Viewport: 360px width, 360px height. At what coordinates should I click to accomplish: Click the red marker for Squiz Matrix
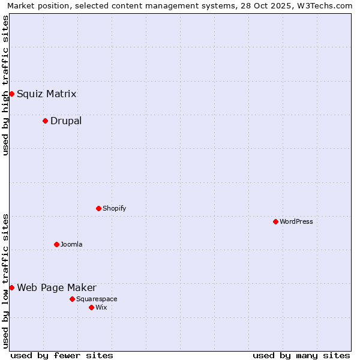(11, 94)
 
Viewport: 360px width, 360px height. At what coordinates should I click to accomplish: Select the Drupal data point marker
(45, 121)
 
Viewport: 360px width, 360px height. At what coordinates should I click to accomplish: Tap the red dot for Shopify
(98, 208)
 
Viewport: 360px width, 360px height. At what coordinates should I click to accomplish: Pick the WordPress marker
(275, 221)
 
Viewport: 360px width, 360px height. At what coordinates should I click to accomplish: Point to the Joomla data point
(56, 244)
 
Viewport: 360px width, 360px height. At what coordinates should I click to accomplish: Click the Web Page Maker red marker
(11, 287)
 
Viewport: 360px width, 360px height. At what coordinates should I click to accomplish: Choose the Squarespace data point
(72, 299)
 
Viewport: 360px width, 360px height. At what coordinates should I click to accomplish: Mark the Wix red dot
(91, 307)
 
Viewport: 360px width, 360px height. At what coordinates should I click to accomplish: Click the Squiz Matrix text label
(46, 94)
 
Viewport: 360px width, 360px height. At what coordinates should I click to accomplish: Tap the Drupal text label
(66, 121)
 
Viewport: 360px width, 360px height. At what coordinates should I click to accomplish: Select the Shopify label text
(114, 208)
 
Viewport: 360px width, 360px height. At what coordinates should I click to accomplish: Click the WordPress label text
(296, 221)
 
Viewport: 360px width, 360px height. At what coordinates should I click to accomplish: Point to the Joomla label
(71, 244)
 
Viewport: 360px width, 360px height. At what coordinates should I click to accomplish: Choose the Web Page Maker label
(56, 287)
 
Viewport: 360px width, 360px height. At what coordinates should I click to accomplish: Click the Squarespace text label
(97, 299)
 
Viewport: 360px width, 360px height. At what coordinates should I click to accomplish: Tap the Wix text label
(101, 307)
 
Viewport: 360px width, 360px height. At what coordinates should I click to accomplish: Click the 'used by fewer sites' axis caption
(62, 355)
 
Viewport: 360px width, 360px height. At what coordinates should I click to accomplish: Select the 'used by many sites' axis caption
(301, 355)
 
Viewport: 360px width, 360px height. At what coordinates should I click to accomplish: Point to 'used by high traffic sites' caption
(6, 85)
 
